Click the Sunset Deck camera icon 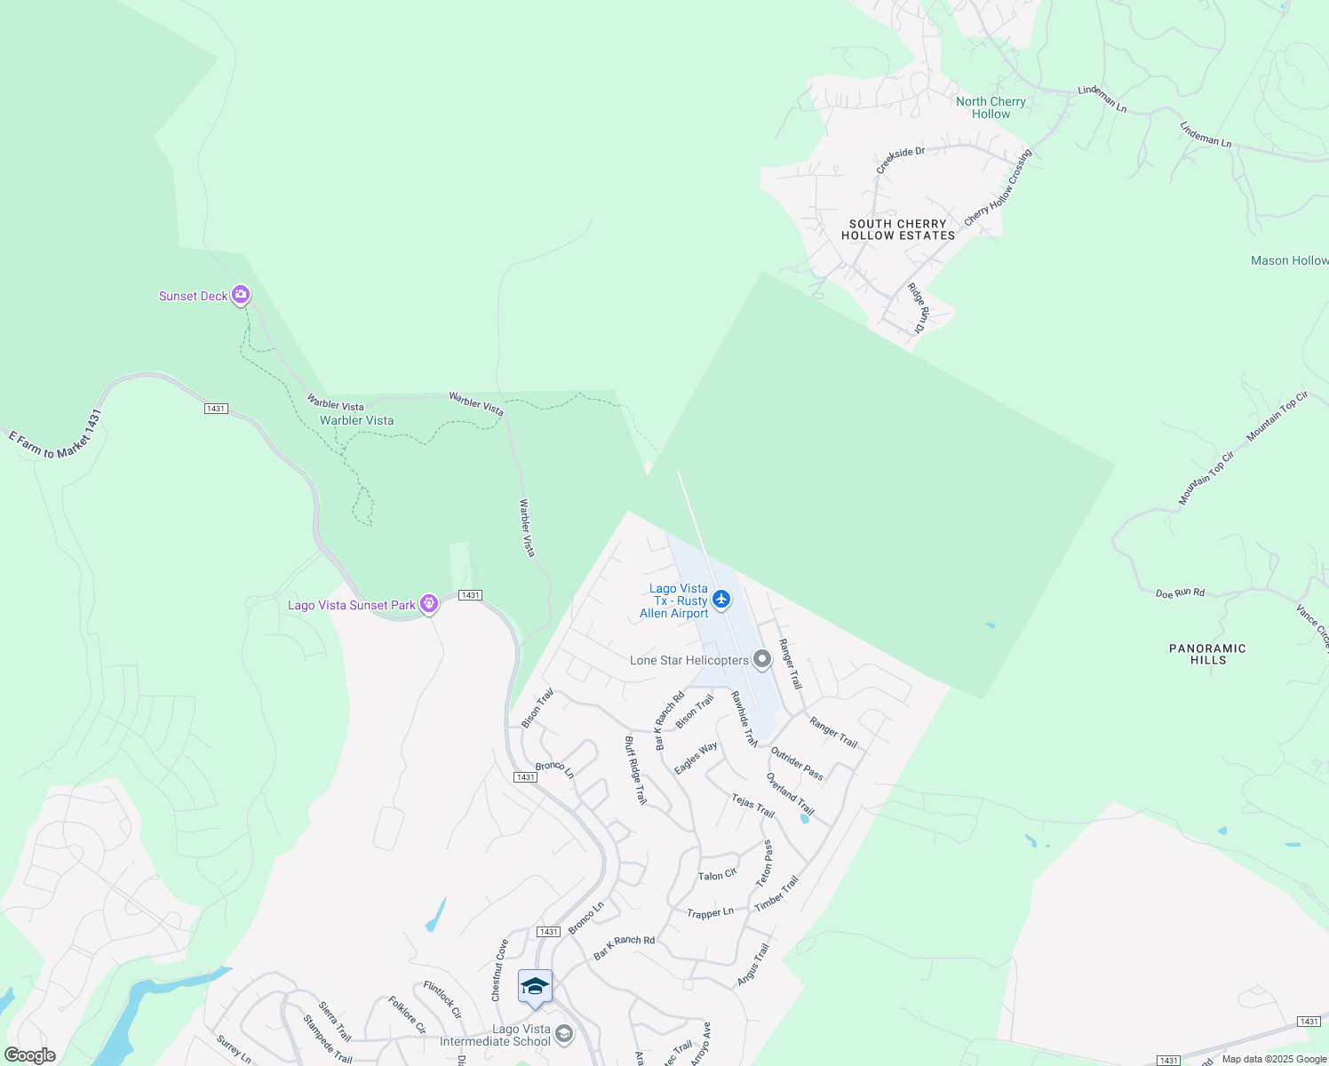coord(241,295)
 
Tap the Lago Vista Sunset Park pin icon coord(429,604)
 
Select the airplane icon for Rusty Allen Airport coord(721,600)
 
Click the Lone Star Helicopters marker coord(761,659)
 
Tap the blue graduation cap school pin coord(535,987)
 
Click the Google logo coord(29,1055)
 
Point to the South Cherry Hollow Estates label coord(898,230)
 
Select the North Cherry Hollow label coord(991,107)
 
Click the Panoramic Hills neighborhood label coord(1207,654)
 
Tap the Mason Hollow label coord(1288,260)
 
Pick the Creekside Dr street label coord(900,160)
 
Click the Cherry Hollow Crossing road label coord(999,187)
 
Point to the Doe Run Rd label coord(1180,593)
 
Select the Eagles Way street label coord(696,758)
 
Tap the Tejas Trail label coord(752,806)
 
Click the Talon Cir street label coord(717,875)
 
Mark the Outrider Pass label coord(797,764)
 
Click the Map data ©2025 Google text coord(1273,1059)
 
